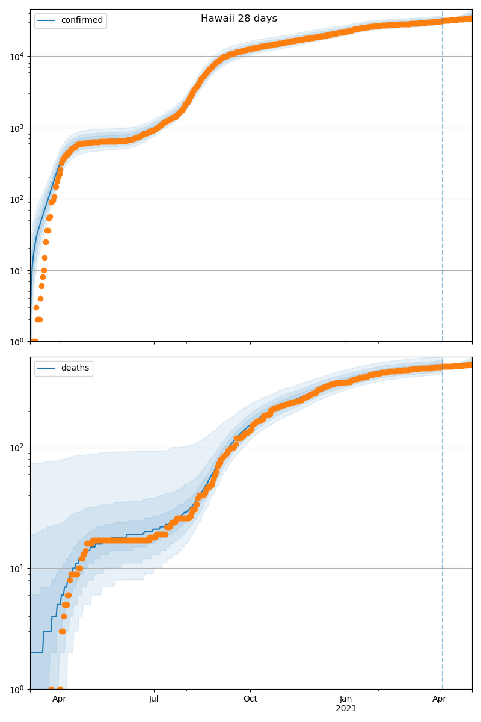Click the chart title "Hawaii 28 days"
click(x=239, y=19)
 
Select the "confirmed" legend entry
click(x=82, y=20)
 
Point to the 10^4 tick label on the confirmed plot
click(x=16, y=57)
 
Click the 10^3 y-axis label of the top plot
click(x=16, y=128)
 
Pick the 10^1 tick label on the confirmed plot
click(x=16, y=271)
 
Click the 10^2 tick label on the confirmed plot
click(x=16, y=199)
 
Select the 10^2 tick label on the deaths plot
click(x=16, y=448)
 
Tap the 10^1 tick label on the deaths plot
click(x=16, y=569)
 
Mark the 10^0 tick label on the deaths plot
click(x=16, y=689)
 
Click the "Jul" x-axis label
click(x=154, y=699)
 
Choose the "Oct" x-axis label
click(x=250, y=699)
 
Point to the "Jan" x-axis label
click(x=346, y=699)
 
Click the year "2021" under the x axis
click(x=346, y=709)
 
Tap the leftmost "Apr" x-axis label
click(x=59, y=699)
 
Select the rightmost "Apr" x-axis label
click(x=440, y=699)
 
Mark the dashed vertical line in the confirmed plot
click(x=443, y=180)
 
